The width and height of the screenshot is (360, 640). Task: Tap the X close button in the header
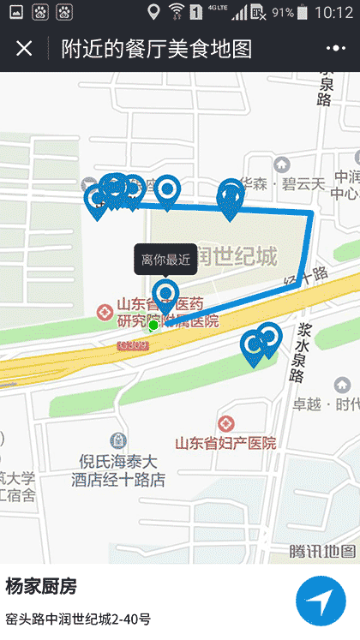[24, 48]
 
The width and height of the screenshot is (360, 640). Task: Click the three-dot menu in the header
[335, 48]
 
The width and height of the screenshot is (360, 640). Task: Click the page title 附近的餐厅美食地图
[157, 48]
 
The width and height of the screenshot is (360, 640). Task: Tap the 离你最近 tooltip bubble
[166, 260]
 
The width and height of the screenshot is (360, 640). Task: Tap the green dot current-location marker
[153, 326]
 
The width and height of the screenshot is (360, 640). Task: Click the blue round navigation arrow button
[321, 601]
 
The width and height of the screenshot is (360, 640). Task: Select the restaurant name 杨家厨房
[41, 587]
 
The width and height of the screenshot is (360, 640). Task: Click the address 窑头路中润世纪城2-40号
[78, 619]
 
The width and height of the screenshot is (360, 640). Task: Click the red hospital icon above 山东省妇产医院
[225, 424]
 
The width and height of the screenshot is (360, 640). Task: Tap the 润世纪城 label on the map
[225, 256]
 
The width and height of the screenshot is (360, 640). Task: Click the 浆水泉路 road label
[297, 353]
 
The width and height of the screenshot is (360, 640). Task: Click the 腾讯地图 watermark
[321, 551]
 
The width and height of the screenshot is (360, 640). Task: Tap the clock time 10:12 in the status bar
[333, 13]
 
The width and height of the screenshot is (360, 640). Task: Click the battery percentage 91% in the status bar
[283, 13]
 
